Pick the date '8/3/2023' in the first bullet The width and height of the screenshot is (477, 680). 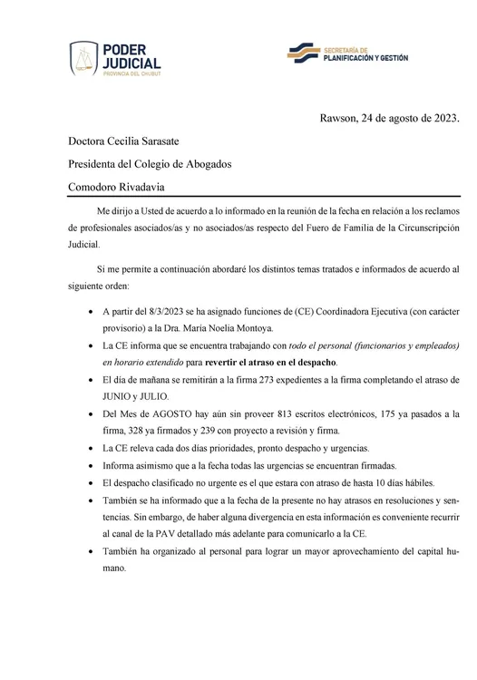161,311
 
